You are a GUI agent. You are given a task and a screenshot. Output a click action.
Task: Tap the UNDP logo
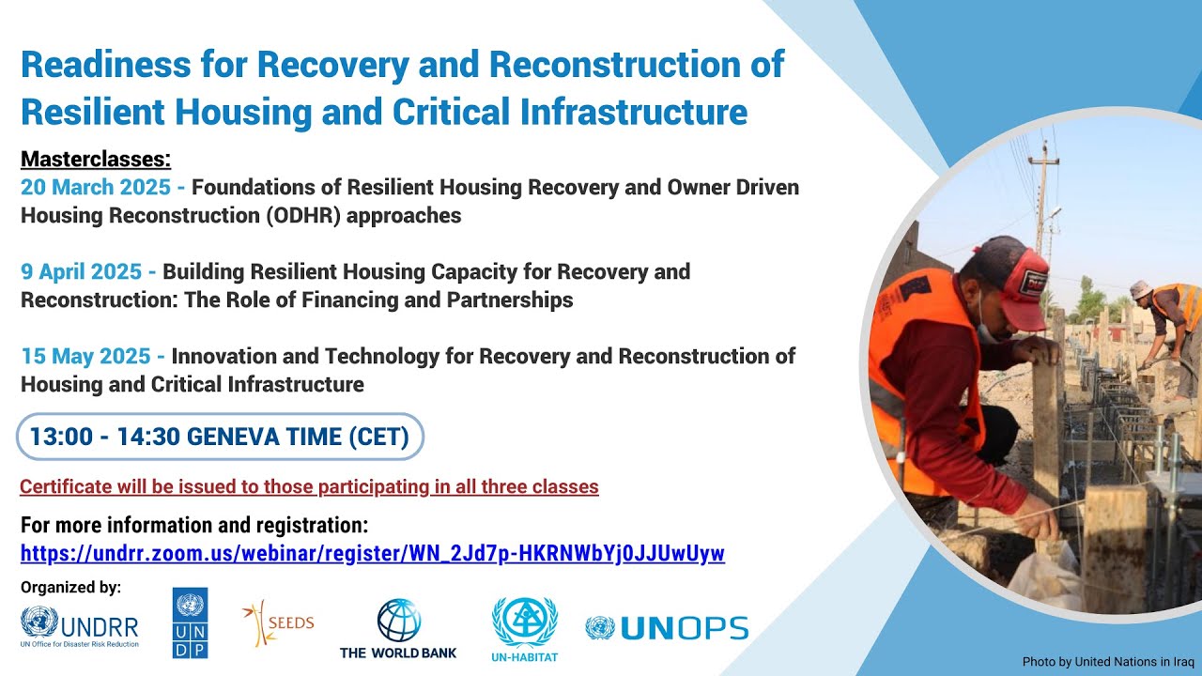190,622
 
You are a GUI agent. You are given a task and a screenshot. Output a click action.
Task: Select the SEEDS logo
278,623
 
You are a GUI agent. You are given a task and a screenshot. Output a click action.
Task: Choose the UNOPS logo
667,628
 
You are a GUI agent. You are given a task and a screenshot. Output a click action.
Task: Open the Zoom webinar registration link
373,553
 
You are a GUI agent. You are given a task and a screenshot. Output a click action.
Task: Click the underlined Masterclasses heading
96,158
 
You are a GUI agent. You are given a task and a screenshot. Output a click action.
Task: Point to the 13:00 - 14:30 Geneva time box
220,437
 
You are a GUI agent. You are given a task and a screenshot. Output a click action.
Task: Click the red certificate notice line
309,486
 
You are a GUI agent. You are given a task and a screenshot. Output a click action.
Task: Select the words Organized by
70,588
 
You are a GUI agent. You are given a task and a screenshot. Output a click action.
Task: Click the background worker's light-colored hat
1140,288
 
